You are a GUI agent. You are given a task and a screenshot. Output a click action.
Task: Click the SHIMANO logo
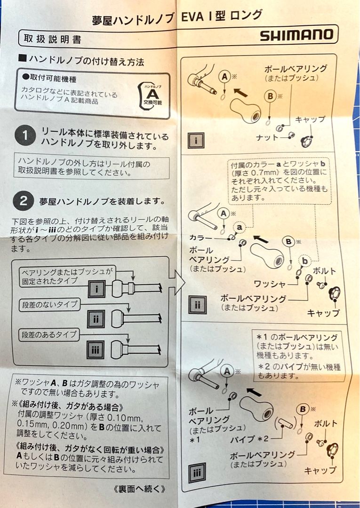pos(296,35)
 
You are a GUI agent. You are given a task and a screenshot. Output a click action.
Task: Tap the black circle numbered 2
pos(24,201)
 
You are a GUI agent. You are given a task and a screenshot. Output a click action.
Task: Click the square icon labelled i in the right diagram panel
pos(196,141)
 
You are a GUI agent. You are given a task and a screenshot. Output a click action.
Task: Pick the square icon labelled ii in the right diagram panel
pos(198,305)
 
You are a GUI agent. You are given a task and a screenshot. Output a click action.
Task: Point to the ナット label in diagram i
pos(267,137)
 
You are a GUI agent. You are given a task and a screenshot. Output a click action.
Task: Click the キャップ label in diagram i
pos(310,119)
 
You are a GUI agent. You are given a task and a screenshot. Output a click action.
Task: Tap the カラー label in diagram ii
pos(200,238)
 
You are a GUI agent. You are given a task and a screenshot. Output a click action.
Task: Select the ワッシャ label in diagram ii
pos(270,284)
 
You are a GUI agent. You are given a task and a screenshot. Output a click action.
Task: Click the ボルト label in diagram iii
pos(326,424)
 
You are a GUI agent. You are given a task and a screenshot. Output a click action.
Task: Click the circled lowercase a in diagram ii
pos(240,227)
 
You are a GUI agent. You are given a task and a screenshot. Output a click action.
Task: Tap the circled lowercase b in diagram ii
pos(305,261)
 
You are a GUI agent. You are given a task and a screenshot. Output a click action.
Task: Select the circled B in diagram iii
pos(303,410)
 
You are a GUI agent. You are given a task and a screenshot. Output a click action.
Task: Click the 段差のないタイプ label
pos(49,305)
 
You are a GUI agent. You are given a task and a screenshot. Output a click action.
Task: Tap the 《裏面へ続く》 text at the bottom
pos(140,489)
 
